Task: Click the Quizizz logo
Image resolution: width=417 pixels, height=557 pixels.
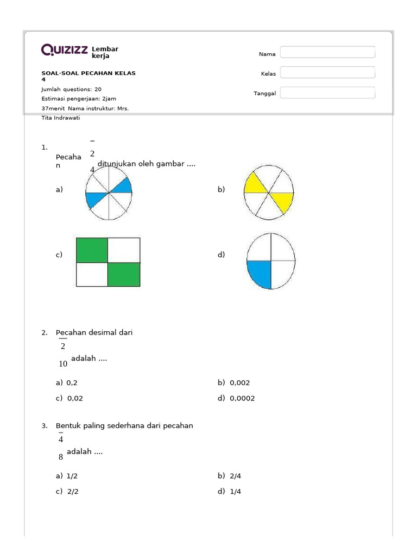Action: [65, 50]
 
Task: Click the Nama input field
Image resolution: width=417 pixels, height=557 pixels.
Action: [327, 52]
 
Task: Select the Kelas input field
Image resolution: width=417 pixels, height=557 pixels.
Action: [327, 73]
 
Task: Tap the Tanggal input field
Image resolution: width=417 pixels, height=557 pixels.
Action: [327, 93]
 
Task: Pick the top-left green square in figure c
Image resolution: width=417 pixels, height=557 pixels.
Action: [92, 250]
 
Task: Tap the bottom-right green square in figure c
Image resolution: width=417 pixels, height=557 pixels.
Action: [124, 274]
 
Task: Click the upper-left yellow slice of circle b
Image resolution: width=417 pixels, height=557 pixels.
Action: [255, 183]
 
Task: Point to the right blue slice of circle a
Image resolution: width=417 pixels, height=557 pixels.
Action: [123, 187]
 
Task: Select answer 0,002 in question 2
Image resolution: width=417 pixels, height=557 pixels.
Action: [239, 382]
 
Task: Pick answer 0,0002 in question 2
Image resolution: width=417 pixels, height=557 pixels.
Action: [242, 398]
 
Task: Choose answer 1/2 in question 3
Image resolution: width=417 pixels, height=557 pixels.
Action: [72, 475]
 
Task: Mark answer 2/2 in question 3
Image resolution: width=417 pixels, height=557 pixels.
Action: [73, 491]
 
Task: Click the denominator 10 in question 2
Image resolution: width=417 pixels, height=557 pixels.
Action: [63, 364]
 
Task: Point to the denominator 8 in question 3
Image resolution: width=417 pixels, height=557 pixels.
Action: [61, 457]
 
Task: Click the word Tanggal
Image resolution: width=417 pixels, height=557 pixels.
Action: [265, 94]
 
